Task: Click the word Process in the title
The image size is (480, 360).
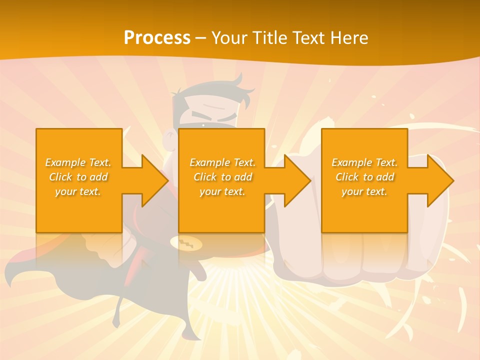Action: coord(157,37)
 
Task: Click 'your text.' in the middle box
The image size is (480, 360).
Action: coord(222,191)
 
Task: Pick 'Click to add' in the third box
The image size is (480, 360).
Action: coord(365,177)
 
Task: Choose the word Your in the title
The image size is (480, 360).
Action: coord(229,37)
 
